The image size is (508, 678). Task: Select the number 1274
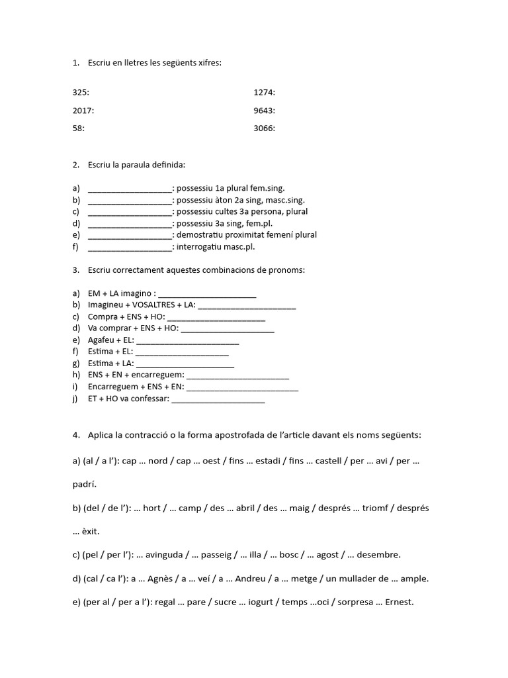[x=263, y=93]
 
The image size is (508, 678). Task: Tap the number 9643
[x=263, y=111]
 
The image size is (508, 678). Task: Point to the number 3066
[x=263, y=128]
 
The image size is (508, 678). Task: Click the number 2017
[x=82, y=111]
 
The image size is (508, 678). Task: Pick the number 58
[x=77, y=128]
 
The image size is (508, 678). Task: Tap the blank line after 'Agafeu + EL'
[x=187, y=341]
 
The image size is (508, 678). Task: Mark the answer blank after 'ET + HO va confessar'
[x=218, y=399]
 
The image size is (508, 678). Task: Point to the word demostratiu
[x=204, y=234]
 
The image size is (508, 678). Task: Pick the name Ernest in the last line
[x=398, y=602]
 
